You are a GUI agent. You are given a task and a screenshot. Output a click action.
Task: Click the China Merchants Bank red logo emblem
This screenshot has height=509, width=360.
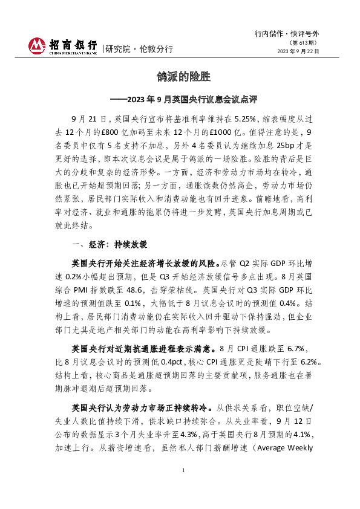(x=36, y=46)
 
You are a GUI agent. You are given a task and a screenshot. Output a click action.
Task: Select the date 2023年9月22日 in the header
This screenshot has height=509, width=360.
(x=297, y=52)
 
